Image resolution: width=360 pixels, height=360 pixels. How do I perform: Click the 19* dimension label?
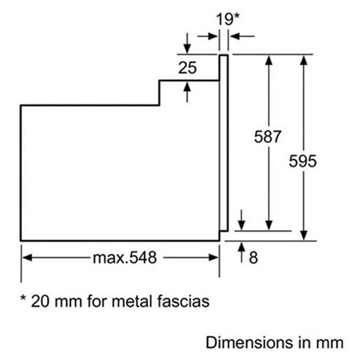point(228,19)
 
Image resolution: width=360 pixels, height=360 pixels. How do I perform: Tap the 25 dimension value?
point(188,68)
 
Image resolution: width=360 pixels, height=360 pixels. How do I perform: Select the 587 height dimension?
point(268,137)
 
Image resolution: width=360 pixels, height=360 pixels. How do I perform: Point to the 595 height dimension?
point(302,161)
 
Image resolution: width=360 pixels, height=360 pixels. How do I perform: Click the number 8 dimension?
point(253,257)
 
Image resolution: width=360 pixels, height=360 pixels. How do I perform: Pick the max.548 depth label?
point(125,257)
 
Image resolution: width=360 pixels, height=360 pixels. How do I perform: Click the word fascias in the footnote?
point(184,301)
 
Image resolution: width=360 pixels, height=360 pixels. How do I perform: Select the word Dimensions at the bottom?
point(250,343)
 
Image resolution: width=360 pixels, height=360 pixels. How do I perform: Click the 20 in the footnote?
point(40,301)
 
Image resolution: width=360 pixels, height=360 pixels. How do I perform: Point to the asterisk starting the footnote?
point(23,298)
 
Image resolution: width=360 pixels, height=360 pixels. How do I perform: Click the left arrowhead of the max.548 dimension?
point(27,257)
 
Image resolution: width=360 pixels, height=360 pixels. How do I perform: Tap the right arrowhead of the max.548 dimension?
point(213,257)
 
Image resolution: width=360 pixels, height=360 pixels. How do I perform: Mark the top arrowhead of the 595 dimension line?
point(304,61)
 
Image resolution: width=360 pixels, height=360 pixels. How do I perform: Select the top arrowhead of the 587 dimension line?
point(269,61)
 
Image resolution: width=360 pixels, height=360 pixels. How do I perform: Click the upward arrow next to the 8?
point(241,253)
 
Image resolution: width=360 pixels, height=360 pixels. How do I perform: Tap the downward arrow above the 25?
point(187,43)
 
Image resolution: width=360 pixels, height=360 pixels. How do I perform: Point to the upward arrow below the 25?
point(187,92)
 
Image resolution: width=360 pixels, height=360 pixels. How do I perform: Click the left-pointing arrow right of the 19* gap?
point(242,36)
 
